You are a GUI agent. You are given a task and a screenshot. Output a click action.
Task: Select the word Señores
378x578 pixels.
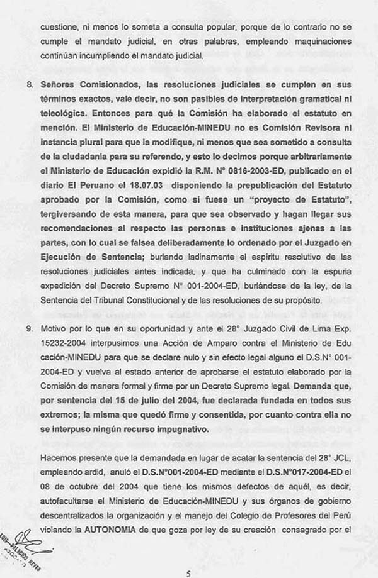(x=59, y=84)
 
